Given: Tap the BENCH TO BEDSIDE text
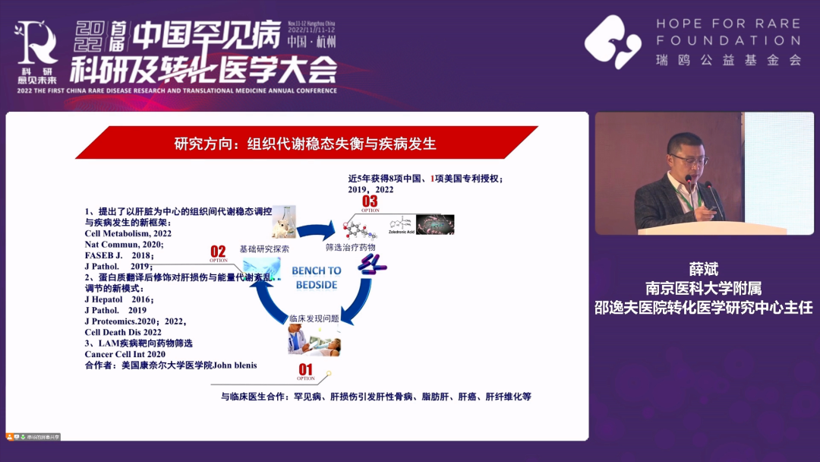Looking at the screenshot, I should pos(317,277).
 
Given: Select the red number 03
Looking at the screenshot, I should pos(370,201).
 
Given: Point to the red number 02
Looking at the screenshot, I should pos(218,252).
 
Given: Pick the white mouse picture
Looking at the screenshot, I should pos(282,223).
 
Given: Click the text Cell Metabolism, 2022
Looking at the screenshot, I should pos(128,234).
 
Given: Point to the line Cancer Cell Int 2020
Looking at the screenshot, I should pos(125,354).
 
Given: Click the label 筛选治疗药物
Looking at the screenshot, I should pos(350,248).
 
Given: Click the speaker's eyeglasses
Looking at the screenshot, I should pos(689,160).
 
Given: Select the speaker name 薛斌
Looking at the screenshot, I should pos(703,270).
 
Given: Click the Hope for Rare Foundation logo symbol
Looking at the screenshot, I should pos(613,42).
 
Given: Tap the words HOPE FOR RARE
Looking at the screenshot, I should pos(728,24).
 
